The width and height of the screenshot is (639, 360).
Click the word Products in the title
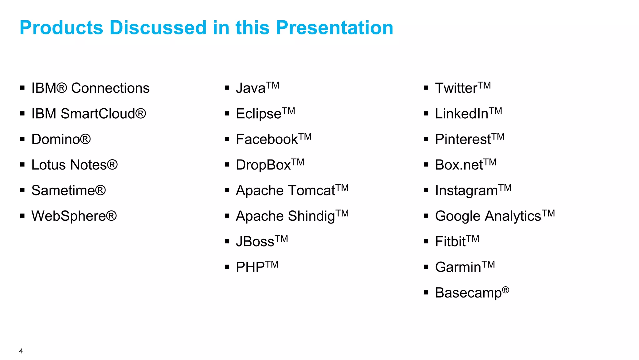pyautogui.click(x=61, y=27)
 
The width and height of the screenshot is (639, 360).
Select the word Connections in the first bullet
pyautogui.click(x=110, y=88)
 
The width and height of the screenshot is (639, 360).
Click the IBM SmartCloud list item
pyautogui.click(x=88, y=114)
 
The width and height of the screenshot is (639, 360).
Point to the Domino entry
pyautogui.click(x=61, y=139)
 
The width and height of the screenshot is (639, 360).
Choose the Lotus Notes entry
pyautogui.click(x=74, y=165)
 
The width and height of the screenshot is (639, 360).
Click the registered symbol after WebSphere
pyautogui.click(x=111, y=216)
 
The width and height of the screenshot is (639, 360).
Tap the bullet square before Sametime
pyautogui.click(x=22, y=190)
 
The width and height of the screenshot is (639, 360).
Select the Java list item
pyautogui.click(x=257, y=88)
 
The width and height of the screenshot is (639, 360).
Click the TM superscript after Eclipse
pyautogui.click(x=289, y=111)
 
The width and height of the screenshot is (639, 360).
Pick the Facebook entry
pyautogui.click(x=273, y=139)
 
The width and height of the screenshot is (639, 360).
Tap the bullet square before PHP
pyautogui.click(x=227, y=267)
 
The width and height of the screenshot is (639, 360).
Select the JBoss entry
pyautogui.click(x=261, y=241)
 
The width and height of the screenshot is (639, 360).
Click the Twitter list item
pyautogui.click(x=462, y=88)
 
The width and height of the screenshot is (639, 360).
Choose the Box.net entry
pyautogui.click(x=465, y=165)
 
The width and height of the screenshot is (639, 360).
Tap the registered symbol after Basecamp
pyautogui.click(x=505, y=290)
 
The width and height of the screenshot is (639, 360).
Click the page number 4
pyautogui.click(x=21, y=351)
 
